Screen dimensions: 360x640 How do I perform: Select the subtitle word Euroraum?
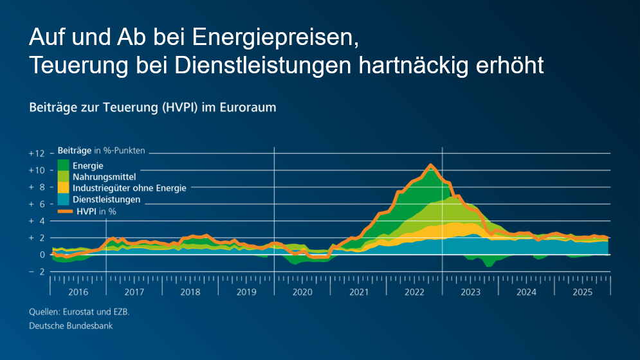point(248,107)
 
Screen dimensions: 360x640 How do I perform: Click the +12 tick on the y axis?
point(37,154)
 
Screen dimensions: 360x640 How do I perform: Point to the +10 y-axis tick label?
point(37,170)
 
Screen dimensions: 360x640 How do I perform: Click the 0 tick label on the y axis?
point(42,255)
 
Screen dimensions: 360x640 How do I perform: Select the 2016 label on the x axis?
point(78,292)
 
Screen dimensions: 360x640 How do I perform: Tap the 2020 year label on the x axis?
point(302,292)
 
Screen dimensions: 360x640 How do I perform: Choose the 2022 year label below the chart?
point(415,292)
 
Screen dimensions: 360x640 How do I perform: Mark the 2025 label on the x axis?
point(583,292)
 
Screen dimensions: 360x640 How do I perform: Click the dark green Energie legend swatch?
point(64,166)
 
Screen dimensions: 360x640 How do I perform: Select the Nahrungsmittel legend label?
point(104,177)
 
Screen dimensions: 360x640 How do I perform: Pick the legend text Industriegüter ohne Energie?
point(129,188)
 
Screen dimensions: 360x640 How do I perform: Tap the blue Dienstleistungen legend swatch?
point(64,199)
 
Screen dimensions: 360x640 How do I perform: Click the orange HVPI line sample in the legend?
point(64,210)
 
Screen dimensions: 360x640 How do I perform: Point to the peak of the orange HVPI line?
point(430,166)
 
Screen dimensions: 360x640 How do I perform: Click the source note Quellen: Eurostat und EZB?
point(84,312)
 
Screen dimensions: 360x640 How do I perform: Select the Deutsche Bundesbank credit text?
point(71,326)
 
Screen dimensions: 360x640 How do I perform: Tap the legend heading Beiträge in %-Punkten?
point(102,151)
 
